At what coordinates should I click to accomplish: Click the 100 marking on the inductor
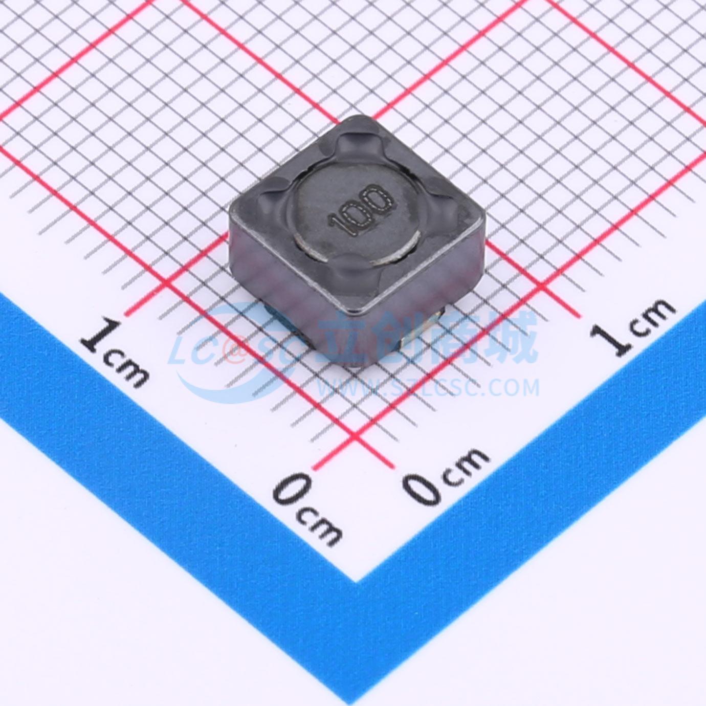pos(361,210)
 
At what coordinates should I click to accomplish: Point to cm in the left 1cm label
pos(126,369)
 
